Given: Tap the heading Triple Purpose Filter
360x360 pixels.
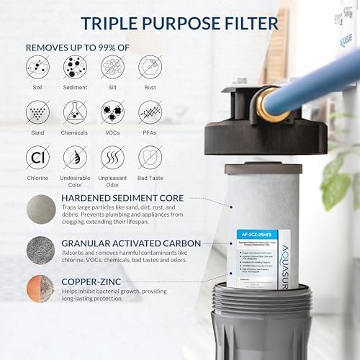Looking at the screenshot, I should tap(179, 23).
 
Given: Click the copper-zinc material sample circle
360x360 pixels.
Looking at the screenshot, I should tap(40, 291).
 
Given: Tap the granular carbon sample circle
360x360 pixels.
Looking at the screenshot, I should tap(40, 250).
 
